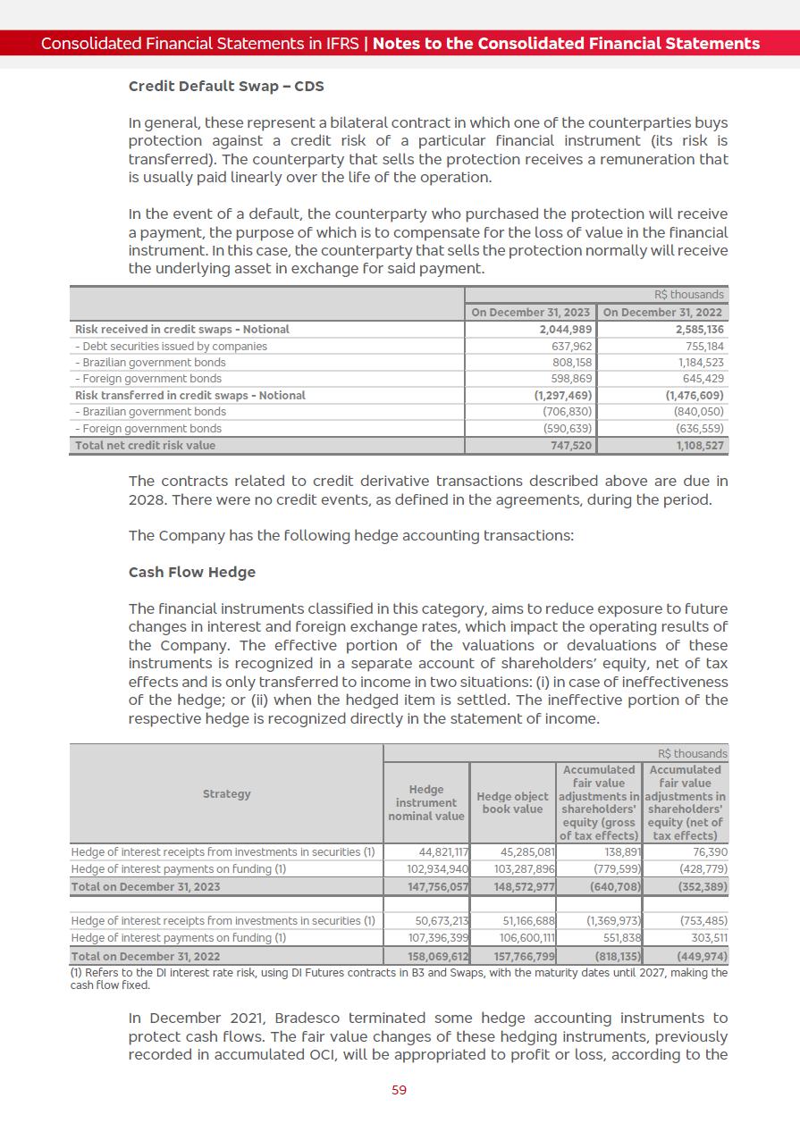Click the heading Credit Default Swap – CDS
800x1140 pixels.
coord(226,87)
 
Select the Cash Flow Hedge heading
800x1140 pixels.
coord(192,573)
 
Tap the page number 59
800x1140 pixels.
coord(400,1090)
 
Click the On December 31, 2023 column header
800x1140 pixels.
coord(531,313)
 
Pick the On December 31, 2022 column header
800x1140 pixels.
coord(663,313)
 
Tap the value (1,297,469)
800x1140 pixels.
coord(562,395)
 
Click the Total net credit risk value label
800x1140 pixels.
coord(145,445)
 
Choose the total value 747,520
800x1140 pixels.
coord(569,445)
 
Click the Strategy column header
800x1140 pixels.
coord(227,794)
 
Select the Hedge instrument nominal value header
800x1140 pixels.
coord(426,802)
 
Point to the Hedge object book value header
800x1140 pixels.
coord(512,802)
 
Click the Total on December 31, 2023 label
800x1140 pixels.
coord(146,886)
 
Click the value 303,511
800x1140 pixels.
coord(709,938)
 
